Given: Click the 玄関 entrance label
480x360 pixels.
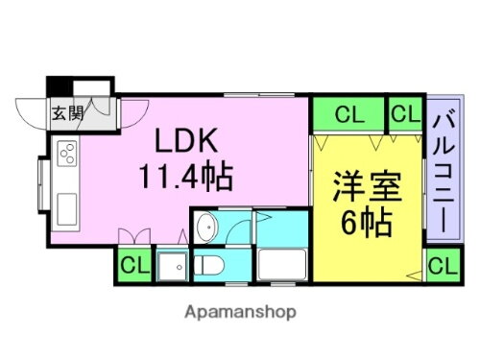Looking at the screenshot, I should (x=68, y=111).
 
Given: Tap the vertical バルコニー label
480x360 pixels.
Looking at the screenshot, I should (x=444, y=173).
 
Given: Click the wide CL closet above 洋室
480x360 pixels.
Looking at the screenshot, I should (x=349, y=115).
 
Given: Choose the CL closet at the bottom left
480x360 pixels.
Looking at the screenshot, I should (x=134, y=264).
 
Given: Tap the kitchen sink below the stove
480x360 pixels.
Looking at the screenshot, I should (x=67, y=204).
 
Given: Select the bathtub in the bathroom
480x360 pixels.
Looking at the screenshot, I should (x=281, y=264).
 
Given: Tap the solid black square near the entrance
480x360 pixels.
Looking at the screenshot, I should (x=60, y=84).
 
